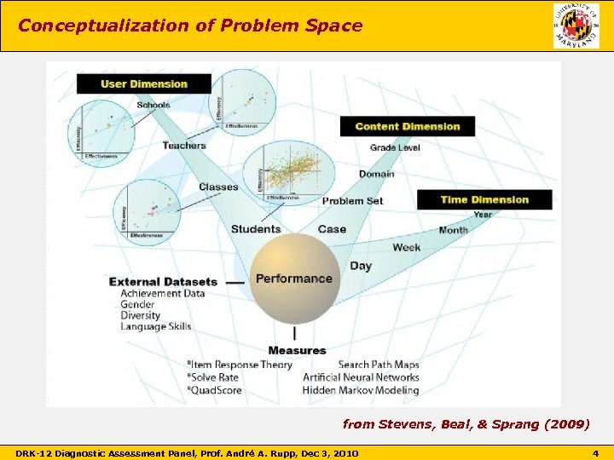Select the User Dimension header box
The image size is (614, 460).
[143, 83]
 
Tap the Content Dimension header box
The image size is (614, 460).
[407, 126]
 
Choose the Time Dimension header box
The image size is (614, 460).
[484, 199]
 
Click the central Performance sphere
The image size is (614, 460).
[294, 278]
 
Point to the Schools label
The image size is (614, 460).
[153, 105]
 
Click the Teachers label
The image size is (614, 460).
[184, 146]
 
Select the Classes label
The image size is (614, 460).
[218, 187]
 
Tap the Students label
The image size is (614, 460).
[256, 228]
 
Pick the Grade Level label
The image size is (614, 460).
[395, 148]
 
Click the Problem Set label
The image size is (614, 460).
[352, 201]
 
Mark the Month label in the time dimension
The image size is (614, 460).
[453, 230]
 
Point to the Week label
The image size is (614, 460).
[406, 247]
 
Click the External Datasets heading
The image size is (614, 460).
[163, 281]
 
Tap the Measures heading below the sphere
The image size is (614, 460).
[297, 350]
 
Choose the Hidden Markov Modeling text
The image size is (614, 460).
[360, 390]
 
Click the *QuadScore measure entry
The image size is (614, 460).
[214, 390]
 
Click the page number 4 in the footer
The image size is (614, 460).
[596, 451]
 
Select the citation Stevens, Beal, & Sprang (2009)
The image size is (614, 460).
[466, 423]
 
